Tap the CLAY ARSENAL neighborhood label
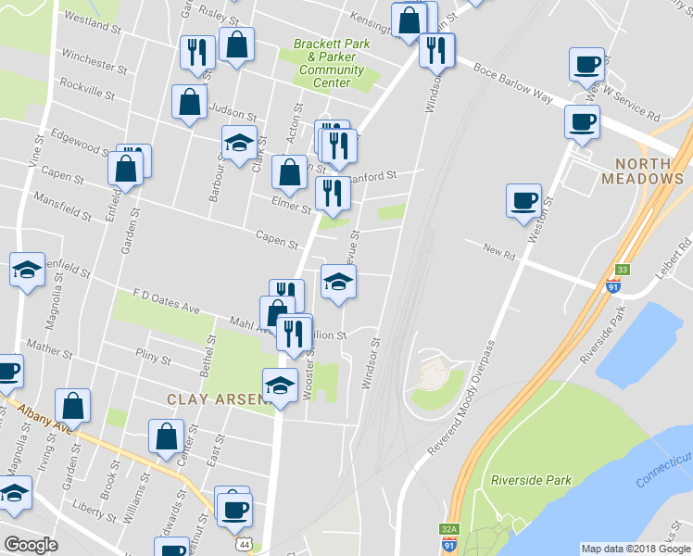pyautogui.click(x=218, y=398)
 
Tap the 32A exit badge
pyautogui.click(x=448, y=530)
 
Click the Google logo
pyautogui.click(x=30, y=545)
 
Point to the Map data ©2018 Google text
pyautogui.click(x=636, y=549)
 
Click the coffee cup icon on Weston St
pyautogui.click(x=523, y=201)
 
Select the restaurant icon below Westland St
pyautogui.click(x=196, y=54)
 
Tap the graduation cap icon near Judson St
pyautogui.click(x=239, y=144)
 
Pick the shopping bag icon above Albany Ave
pyautogui.click(x=72, y=406)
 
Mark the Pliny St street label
pyautogui.click(x=153, y=358)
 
